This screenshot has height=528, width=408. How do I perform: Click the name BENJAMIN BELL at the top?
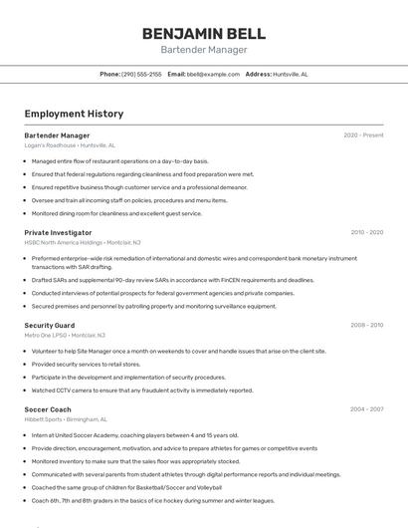pos(203,33)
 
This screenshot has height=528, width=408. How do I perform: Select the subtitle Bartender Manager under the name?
pos(203,50)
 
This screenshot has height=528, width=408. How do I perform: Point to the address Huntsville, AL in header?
pos(291,75)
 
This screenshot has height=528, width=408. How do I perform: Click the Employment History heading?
pos(74,115)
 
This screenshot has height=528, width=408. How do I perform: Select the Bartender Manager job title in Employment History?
pos(57,135)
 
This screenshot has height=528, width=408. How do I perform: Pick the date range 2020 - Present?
pos(363,135)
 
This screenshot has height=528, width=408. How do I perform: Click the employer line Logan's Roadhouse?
pos(70,145)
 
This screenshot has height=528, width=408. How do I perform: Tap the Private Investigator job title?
pos(58,232)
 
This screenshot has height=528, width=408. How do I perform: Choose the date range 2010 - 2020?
pos(366,232)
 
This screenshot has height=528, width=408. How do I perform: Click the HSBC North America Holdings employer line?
pos(83,242)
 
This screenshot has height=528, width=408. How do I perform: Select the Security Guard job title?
pos(50,325)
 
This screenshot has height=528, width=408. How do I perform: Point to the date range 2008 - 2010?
pos(366,325)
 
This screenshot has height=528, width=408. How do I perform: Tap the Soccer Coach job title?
pos(48,408)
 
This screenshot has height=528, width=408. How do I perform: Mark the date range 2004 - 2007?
pos(366,408)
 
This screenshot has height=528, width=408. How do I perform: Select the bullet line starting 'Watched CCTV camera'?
pos(142,391)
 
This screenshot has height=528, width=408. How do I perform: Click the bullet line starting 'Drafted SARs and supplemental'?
pos(172,280)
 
